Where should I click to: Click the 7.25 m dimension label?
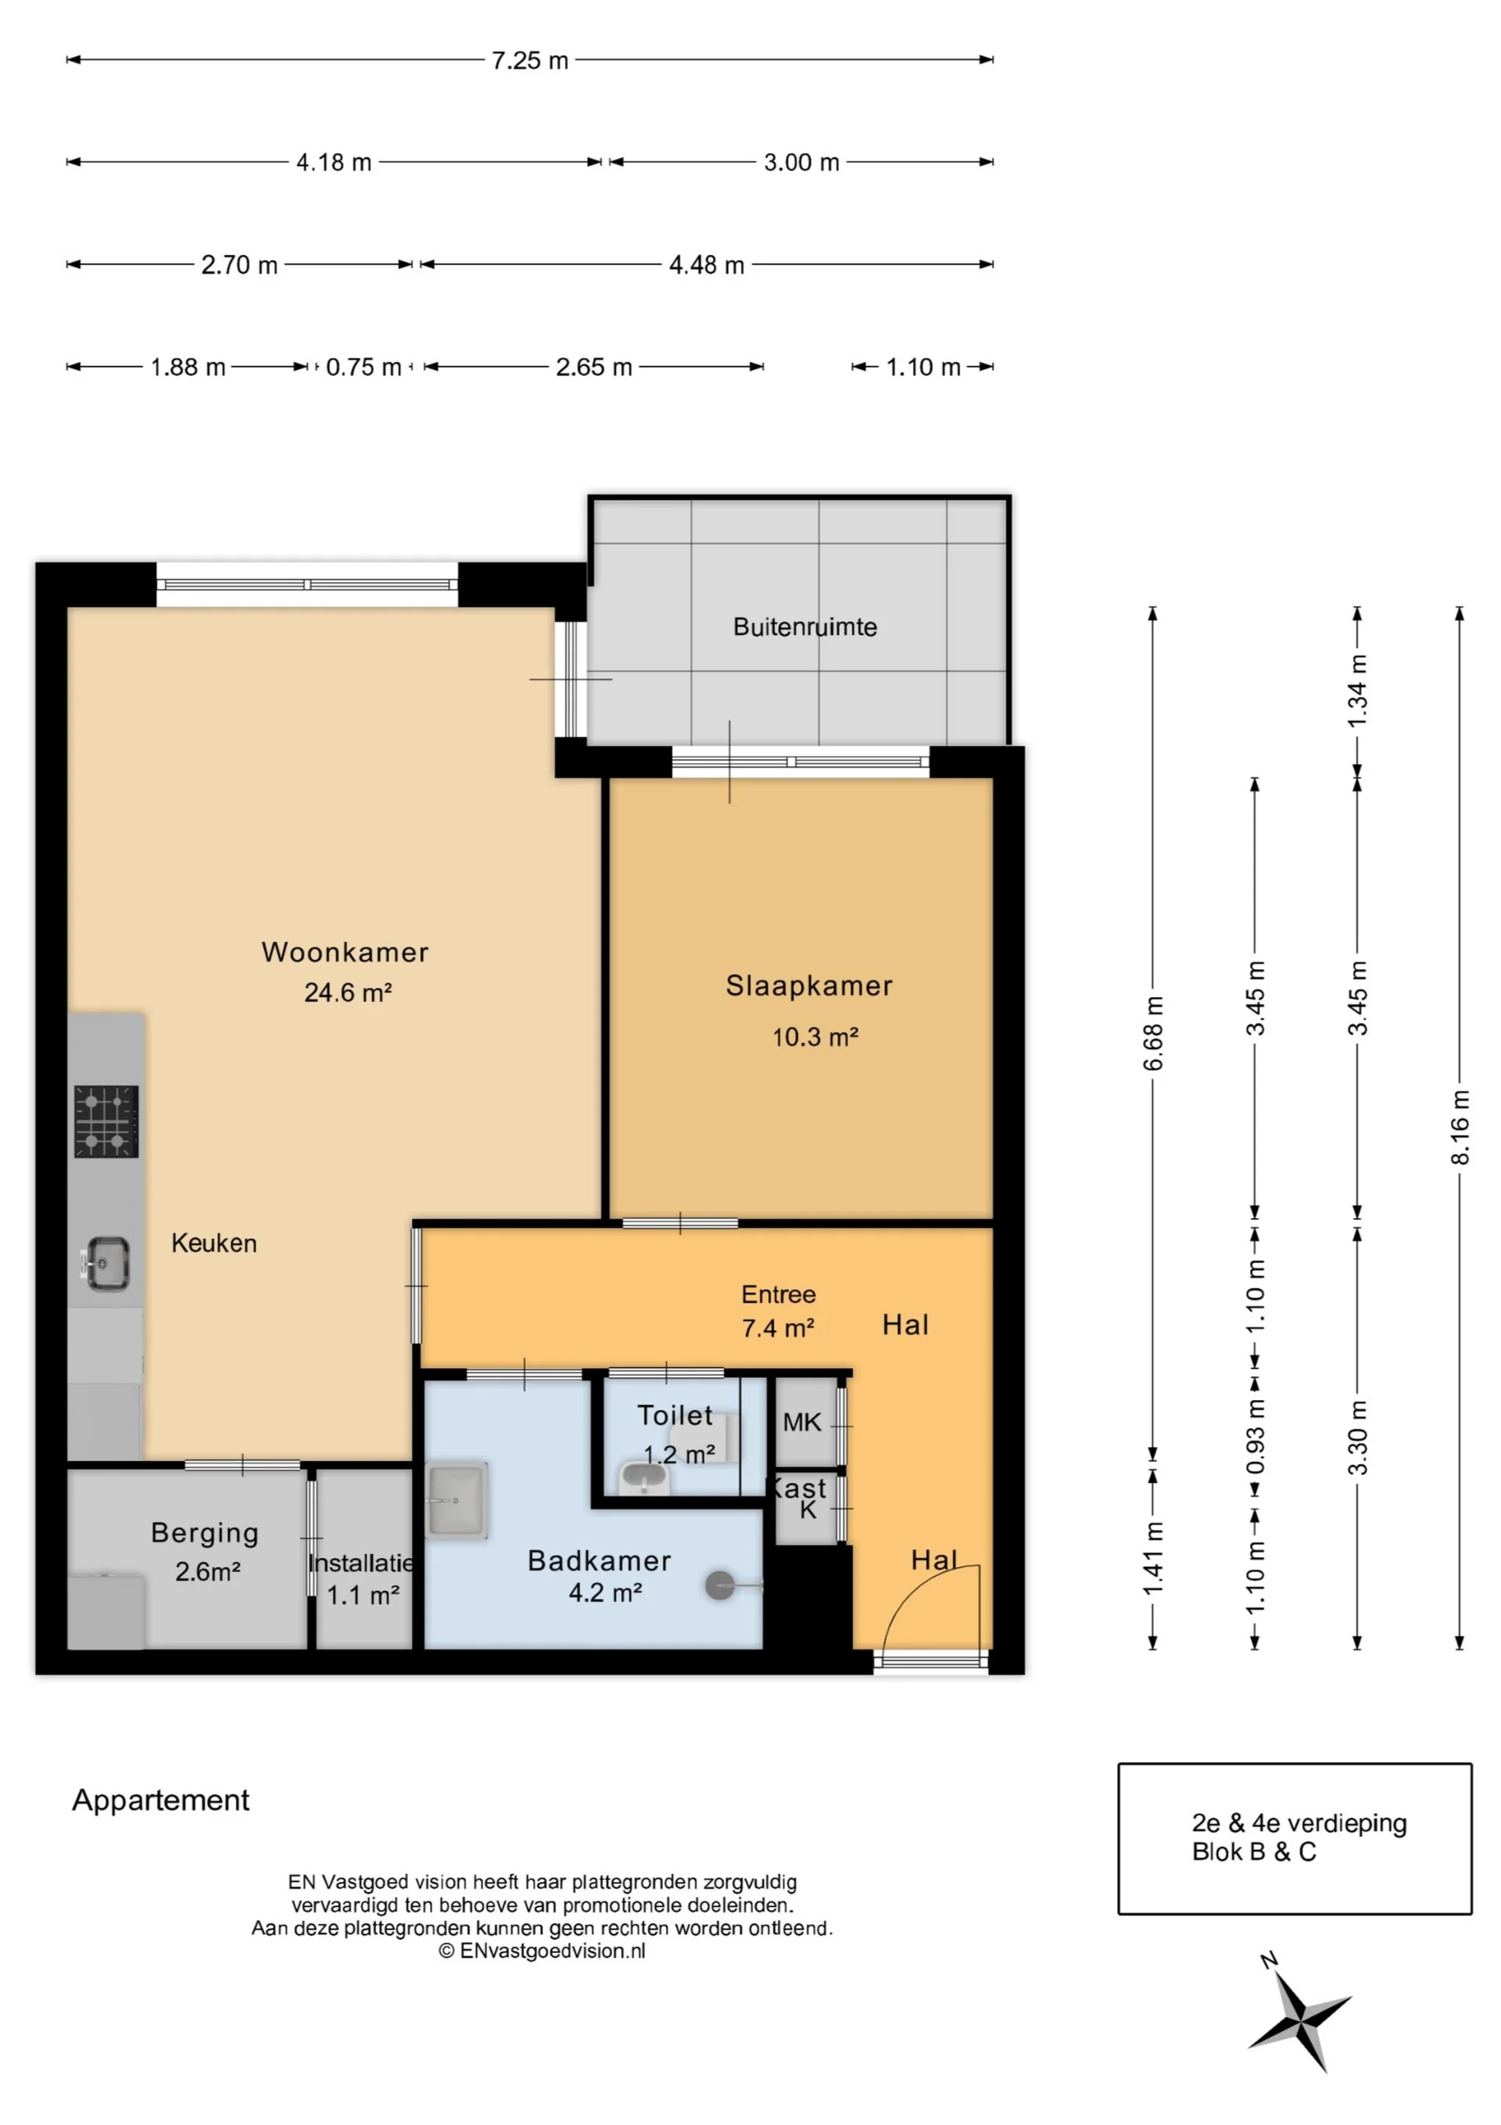(x=529, y=60)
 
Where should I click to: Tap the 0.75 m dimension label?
(x=363, y=368)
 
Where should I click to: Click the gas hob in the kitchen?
(x=106, y=1121)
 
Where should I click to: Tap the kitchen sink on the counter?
(x=106, y=1262)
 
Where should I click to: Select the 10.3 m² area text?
(x=815, y=1038)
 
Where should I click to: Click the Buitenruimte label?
(x=804, y=627)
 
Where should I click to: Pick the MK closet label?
(x=801, y=1423)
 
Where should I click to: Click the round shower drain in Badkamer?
(x=720, y=1585)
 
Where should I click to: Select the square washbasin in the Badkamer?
(x=457, y=1500)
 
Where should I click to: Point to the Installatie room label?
(x=361, y=1563)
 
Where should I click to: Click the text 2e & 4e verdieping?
(x=1299, y=1823)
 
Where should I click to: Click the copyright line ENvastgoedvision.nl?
(x=543, y=1951)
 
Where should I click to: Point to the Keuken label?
(x=213, y=1243)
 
